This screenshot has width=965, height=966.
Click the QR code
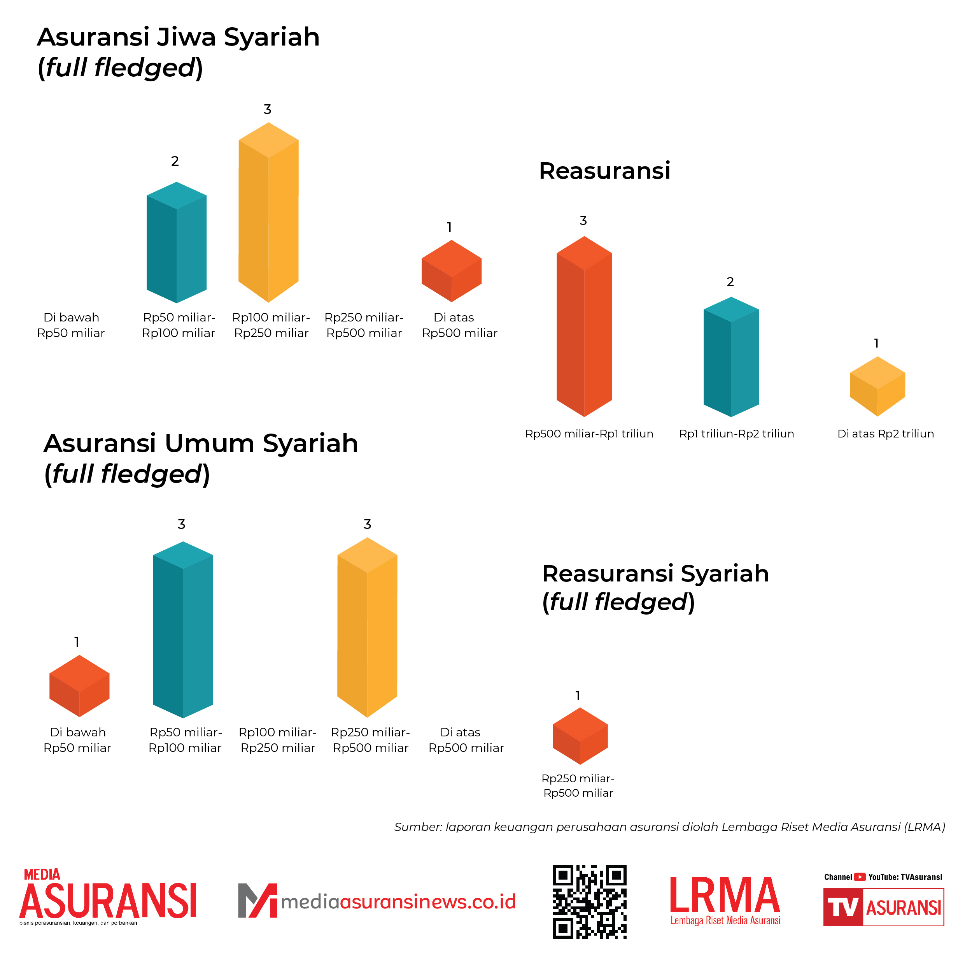[x=589, y=901]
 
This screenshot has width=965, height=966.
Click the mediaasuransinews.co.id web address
[x=398, y=901]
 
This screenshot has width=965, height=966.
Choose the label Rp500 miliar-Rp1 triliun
[x=589, y=434]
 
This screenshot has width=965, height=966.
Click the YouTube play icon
[x=860, y=877]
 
